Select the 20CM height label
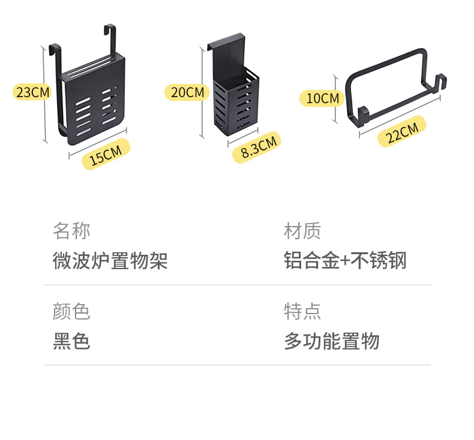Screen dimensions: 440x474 [187, 92]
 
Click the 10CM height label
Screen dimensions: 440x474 [322, 98]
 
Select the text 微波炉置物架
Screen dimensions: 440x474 [110, 261]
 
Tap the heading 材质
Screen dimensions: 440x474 [302, 231]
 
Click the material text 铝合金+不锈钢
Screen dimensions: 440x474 [345, 261]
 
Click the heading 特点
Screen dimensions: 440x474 [302, 312]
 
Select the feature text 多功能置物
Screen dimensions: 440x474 [331, 342]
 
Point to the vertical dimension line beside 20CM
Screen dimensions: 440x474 [203, 93]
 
